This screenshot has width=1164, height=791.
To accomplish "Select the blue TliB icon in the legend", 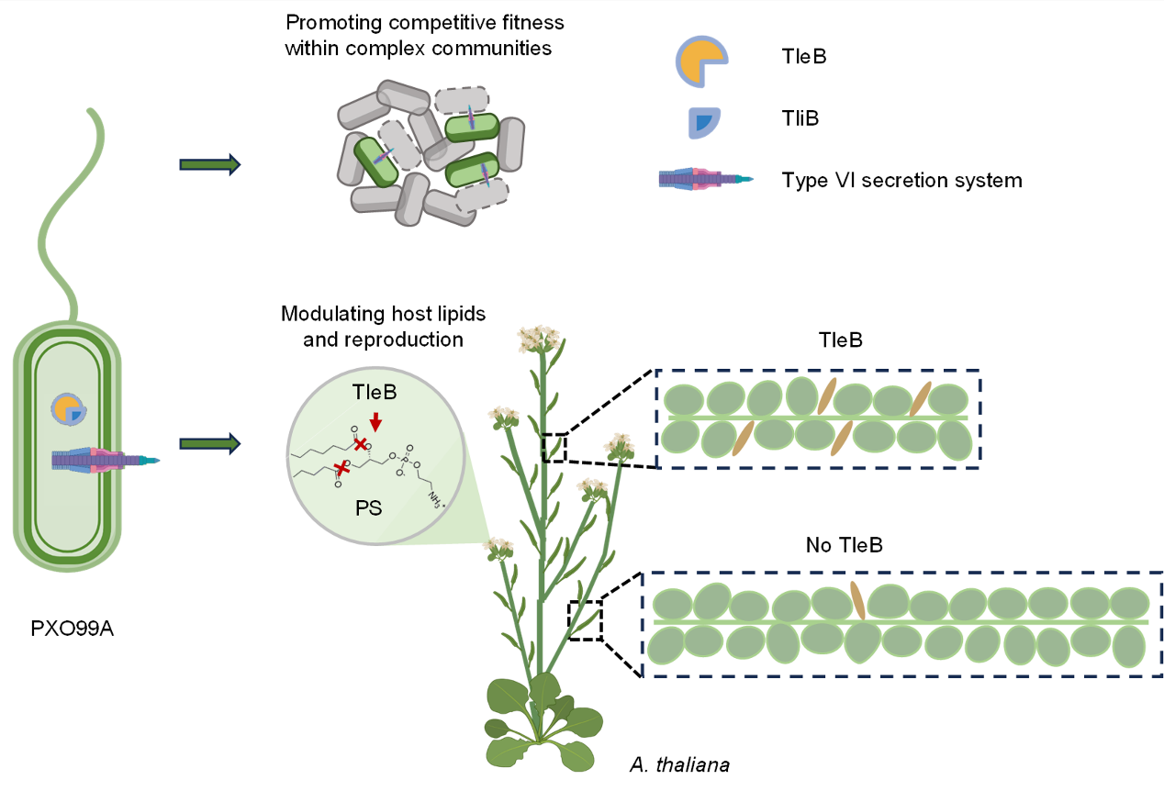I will pos(705,123).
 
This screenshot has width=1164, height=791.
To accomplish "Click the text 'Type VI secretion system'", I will pos(901,180).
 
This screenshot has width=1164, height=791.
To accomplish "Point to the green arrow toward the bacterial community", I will pos(209,164).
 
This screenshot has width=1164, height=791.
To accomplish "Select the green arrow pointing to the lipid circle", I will pos(209,444).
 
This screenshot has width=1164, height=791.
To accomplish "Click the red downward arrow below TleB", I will pos(375,421).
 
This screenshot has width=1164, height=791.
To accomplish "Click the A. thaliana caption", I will pos(679,764).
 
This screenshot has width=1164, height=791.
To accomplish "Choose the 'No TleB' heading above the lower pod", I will pos(844,546).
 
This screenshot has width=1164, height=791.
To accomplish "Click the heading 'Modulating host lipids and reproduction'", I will pos(383,326).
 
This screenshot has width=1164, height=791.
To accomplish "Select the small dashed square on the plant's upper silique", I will pos(554,447).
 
